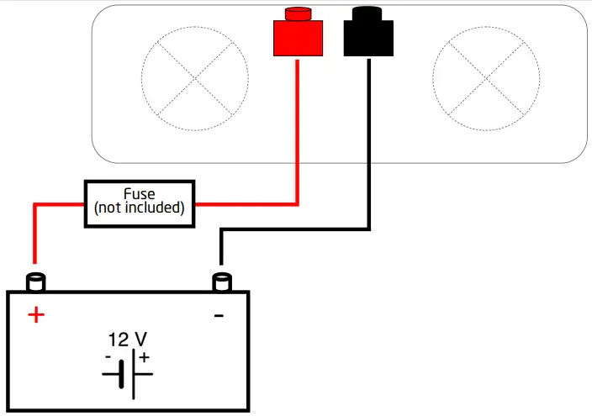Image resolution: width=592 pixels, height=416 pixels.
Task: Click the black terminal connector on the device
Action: (368, 39)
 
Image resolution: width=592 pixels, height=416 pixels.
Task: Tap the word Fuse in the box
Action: (140, 193)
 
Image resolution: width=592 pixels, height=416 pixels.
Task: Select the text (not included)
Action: (140, 208)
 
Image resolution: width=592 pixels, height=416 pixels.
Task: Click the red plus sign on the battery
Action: (35, 315)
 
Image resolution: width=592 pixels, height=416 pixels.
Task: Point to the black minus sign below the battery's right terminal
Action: (219, 315)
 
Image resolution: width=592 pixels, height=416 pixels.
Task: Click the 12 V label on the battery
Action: (128, 340)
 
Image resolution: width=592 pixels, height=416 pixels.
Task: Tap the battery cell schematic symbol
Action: (127, 374)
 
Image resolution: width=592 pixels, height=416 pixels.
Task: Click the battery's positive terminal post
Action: (36, 281)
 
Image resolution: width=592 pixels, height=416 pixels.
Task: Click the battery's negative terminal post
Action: (221, 281)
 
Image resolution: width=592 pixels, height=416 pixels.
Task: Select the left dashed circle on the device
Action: (195, 80)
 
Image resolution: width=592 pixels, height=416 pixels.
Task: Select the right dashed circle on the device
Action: (485, 80)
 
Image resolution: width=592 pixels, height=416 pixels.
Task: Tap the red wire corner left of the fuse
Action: (35, 204)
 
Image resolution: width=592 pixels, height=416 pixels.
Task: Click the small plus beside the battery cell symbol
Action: (144, 358)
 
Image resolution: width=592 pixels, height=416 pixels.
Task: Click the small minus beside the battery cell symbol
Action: (108, 357)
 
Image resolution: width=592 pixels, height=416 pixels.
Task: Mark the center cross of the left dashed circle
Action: (195, 80)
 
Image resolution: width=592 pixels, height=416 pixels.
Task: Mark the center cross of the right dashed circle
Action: (485, 80)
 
